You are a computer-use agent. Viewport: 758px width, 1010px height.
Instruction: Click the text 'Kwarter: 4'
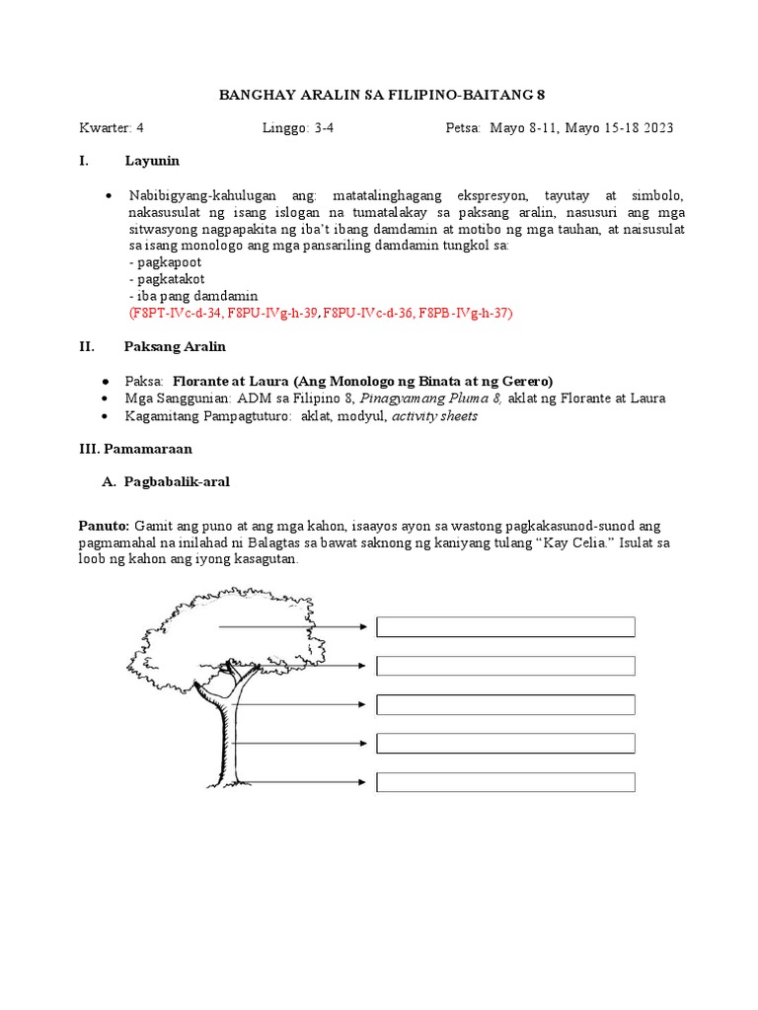(112, 128)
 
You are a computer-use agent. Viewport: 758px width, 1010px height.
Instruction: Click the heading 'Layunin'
(152, 161)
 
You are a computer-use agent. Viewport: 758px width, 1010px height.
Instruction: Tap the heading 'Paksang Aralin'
(175, 346)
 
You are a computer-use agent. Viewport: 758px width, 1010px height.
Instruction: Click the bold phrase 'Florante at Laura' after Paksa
(229, 381)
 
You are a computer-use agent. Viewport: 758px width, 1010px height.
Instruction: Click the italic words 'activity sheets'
(434, 415)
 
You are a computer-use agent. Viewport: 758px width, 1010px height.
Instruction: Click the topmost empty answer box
(505, 627)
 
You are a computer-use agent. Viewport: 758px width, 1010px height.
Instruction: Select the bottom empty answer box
(505, 782)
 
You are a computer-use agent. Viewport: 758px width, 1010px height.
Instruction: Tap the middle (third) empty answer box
(505, 704)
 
